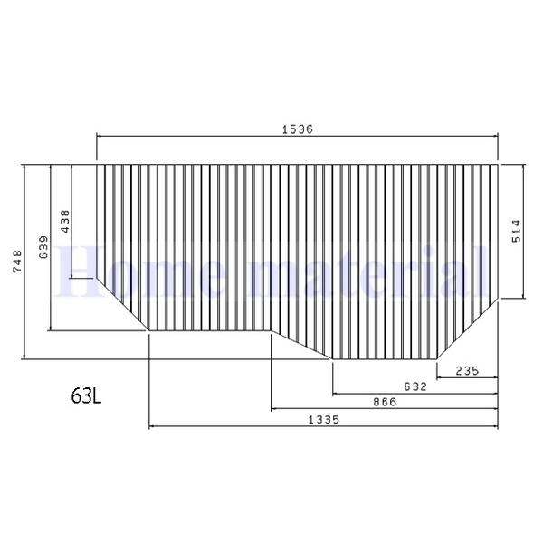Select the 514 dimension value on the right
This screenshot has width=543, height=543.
[x=515, y=232]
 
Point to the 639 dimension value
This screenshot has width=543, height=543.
[x=43, y=248]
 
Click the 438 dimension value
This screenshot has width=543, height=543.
[x=64, y=222]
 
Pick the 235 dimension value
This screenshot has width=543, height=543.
[x=467, y=370]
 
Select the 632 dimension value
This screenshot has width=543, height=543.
[x=415, y=386]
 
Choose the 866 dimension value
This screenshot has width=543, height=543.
[x=385, y=402]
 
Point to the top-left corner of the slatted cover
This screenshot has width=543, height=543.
[x=97, y=165]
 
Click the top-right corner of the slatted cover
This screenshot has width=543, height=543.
[x=498, y=165]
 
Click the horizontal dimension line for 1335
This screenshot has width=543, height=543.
[x=226, y=425]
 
